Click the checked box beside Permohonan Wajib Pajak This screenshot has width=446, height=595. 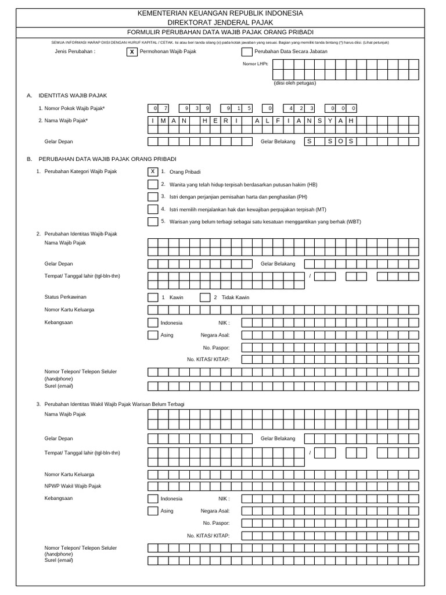(132, 52)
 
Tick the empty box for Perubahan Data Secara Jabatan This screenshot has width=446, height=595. (247, 52)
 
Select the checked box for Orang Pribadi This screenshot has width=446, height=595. (153, 171)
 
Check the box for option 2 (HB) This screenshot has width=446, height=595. (153, 184)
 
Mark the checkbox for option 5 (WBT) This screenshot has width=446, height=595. (153, 221)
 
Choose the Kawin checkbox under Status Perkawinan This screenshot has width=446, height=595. (153, 297)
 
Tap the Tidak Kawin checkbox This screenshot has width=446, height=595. (205, 297)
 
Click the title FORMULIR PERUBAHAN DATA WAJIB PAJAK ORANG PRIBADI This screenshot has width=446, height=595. (220, 32)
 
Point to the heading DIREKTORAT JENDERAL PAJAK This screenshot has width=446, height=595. (220, 22)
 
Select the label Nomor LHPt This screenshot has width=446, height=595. (256, 63)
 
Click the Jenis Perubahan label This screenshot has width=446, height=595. (74, 51)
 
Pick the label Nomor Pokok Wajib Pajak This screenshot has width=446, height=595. (75, 108)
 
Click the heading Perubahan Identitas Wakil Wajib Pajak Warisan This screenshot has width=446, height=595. (114, 404)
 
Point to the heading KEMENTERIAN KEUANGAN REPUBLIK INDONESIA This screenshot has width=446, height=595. (220, 13)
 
